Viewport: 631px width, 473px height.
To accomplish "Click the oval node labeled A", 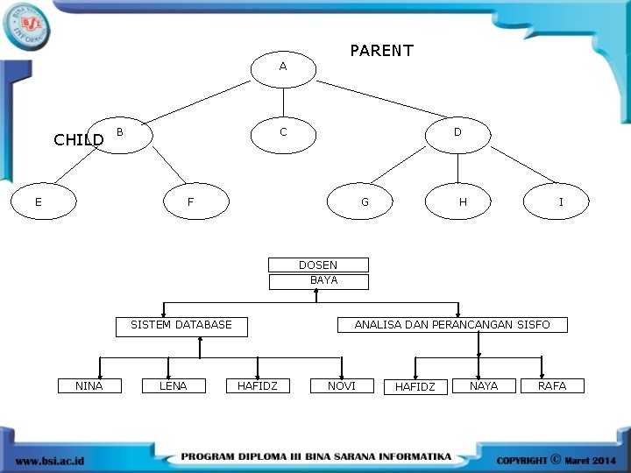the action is [282, 67].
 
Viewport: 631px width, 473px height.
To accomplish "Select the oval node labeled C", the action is [282, 132].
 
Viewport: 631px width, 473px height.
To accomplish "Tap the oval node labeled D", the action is [457, 132].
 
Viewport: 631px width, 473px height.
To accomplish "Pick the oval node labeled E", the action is [38, 202].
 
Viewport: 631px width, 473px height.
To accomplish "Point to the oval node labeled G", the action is [365, 202].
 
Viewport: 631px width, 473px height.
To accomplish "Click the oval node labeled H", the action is [462, 202].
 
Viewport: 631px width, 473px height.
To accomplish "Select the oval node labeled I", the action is [561, 202].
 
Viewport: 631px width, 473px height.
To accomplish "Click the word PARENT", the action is [381, 51].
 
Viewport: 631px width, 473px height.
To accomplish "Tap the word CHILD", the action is [79, 139].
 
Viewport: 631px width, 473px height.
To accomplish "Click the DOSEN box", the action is [318, 265].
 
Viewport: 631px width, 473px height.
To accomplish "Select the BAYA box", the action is [319, 281].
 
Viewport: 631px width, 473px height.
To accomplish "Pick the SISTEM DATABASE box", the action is [181, 325].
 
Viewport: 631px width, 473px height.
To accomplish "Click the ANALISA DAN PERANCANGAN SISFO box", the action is [452, 325].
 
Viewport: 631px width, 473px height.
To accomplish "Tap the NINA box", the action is [89, 385].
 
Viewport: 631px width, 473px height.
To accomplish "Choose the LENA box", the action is [173, 385].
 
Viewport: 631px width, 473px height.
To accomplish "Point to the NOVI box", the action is [342, 385].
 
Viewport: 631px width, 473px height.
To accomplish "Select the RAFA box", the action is [552, 385].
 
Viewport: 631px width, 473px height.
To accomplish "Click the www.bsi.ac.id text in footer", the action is [50, 459].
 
